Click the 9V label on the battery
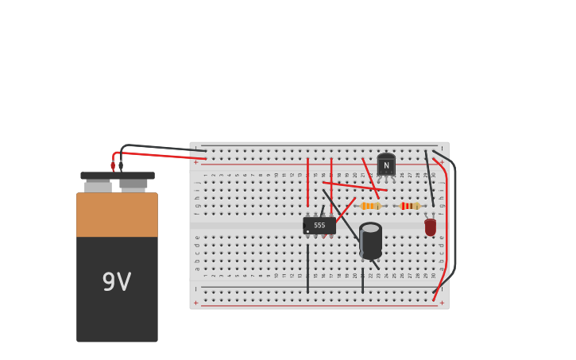(117, 282)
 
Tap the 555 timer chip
(319, 226)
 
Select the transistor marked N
(386, 165)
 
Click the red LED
(430, 227)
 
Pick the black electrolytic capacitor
(370, 242)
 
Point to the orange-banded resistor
(370, 206)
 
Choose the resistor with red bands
(409, 206)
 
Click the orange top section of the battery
(117, 215)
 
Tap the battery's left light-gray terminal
(98, 186)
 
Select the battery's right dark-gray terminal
(133, 184)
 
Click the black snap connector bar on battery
(118, 176)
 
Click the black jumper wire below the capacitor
(362, 280)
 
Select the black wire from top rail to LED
(429, 179)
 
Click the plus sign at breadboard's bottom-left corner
(196, 303)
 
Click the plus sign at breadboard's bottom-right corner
(442, 303)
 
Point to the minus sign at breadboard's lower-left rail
(196, 289)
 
